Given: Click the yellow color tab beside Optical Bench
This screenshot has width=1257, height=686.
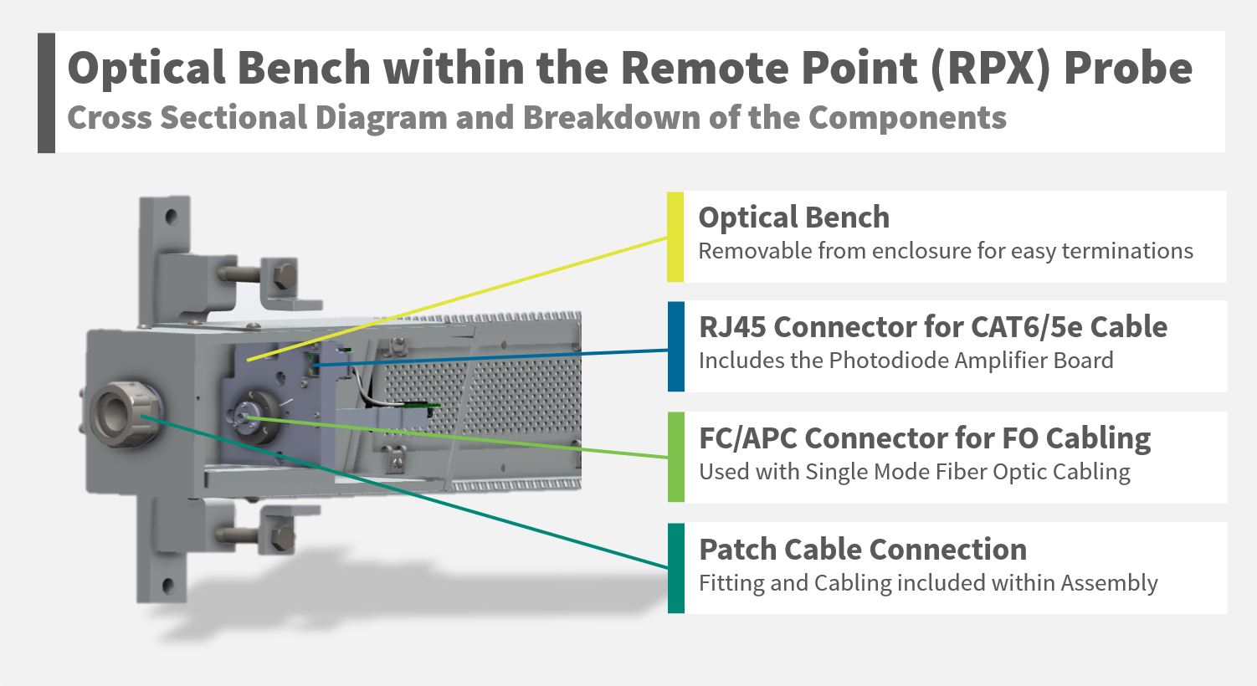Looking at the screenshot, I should click(675, 237).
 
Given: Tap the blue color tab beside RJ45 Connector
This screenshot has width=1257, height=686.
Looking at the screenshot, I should click(675, 346).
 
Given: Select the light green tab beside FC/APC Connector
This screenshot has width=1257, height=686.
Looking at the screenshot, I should click(675, 457).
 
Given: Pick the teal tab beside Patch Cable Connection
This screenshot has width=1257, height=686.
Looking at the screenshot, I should click(675, 568).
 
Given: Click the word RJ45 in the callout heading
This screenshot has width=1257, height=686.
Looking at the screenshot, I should click(732, 326).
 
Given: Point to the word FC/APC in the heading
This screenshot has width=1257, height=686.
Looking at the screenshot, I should click(747, 438).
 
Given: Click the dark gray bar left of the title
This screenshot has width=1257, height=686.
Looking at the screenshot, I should click(46, 93).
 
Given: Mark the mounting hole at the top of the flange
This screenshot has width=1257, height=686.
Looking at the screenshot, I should click(172, 217).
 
